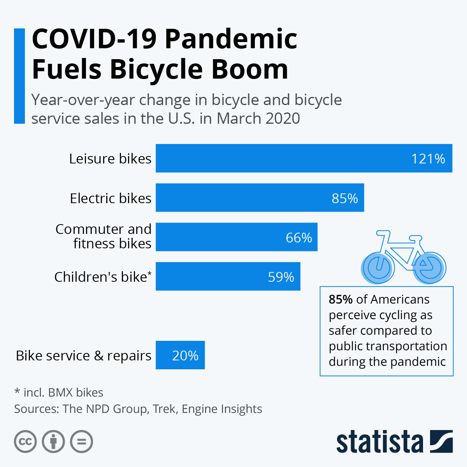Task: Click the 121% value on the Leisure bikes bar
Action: (x=428, y=159)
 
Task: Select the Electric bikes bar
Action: (x=260, y=198)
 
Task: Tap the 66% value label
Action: (x=298, y=238)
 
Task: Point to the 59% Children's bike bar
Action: (x=228, y=277)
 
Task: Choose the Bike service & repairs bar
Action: (x=180, y=355)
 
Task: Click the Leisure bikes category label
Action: (x=110, y=159)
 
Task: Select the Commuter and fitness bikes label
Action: (x=104, y=236)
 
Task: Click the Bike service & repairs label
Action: (x=83, y=356)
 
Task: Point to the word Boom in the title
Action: (x=249, y=69)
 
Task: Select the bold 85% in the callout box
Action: (x=341, y=299)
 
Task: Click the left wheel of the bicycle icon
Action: (x=377, y=268)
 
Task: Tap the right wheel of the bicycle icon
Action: (x=429, y=268)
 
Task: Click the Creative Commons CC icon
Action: (x=25, y=442)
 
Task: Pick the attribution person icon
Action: (x=53, y=442)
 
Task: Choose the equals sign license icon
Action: (x=82, y=442)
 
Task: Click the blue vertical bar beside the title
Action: (x=19, y=76)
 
